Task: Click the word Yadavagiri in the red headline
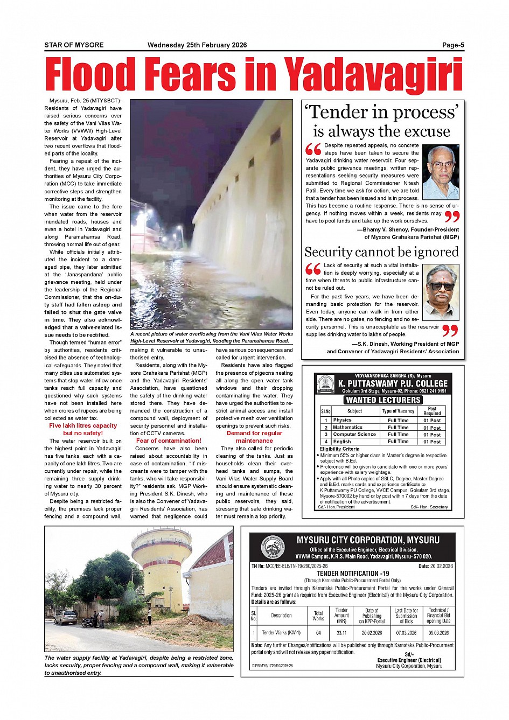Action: click(373, 74)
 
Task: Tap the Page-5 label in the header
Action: click(453, 45)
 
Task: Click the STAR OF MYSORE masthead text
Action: click(74, 45)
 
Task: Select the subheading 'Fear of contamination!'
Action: click(169, 441)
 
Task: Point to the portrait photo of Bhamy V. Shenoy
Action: click(441, 172)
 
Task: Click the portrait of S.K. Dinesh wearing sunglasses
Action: click(441, 292)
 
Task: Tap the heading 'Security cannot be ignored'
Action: click(381, 252)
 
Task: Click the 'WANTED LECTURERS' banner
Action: click(383, 400)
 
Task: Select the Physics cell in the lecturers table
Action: click(342, 420)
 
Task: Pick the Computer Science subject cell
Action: click(354, 434)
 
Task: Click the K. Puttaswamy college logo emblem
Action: click(325, 384)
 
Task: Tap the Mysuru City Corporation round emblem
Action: click(273, 548)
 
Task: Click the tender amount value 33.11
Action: click(341, 633)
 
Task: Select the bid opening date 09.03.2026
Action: click(438, 633)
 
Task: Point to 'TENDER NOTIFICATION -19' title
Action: click(352, 574)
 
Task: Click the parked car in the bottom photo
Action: click(65, 617)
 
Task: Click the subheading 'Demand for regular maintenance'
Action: click(254, 437)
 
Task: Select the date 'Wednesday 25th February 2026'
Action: click(197, 45)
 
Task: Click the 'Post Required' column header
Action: click(432, 411)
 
